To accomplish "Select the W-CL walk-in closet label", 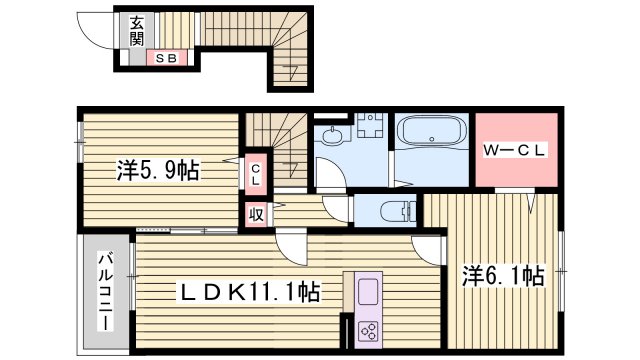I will click(x=514, y=151).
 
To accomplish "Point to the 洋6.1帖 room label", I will click(x=502, y=274).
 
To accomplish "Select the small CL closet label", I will click(x=255, y=176).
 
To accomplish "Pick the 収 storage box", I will click(x=255, y=213).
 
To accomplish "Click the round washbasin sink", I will click(x=333, y=137).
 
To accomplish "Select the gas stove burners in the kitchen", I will click(x=365, y=331).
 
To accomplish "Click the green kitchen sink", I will click(x=365, y=293).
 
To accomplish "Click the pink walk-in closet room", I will click(x=514, y=151).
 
